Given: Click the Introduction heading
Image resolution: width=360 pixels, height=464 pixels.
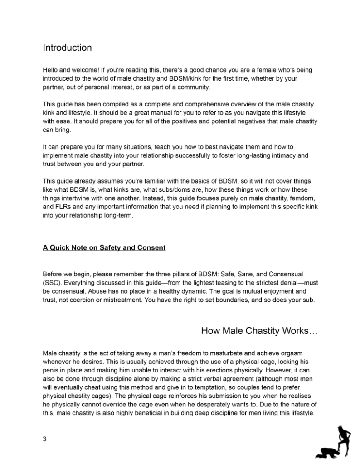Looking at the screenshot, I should tap(67, 48).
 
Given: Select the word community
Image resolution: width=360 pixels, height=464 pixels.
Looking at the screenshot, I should tap(197, 87).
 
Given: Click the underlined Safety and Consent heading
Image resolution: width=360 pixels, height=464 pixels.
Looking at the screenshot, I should tap(104, 248).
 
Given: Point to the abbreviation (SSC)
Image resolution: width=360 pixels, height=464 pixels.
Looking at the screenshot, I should tap(51, 283).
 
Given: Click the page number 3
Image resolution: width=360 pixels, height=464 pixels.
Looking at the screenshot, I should tap(45, 439).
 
